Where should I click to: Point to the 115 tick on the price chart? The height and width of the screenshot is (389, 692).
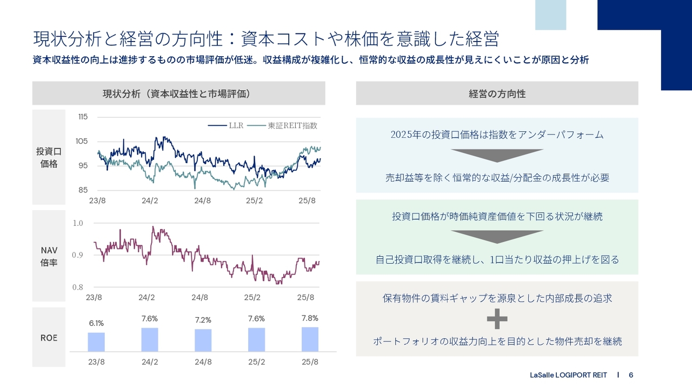[82, 117]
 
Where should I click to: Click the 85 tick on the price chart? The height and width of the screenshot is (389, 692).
[82, 190]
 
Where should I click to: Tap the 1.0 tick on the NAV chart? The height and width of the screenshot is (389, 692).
[78, 223]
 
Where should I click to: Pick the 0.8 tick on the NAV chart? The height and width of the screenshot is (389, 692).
[78, 287]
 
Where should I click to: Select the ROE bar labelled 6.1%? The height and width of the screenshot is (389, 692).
[96, 342]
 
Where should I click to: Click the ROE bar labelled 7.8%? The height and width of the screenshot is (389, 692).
[310, 339]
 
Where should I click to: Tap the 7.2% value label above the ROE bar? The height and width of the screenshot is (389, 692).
[203, 320]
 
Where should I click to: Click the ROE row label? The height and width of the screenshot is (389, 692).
[49, 338]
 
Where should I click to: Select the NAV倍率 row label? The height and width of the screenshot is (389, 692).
[49, 257]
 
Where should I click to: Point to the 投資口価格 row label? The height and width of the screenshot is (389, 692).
[49, 158]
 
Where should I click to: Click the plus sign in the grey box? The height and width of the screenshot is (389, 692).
[497, 319]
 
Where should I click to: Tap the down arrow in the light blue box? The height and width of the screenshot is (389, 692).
[497, 156]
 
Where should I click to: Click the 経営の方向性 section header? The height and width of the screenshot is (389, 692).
[497, 93]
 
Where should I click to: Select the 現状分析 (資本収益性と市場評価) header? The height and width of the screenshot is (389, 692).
[178, 93]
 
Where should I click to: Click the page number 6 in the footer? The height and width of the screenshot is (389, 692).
[631, 375]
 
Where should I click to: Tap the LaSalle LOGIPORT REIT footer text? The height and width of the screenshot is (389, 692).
[568, 375]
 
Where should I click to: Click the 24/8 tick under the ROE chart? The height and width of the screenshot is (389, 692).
[203, 362]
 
